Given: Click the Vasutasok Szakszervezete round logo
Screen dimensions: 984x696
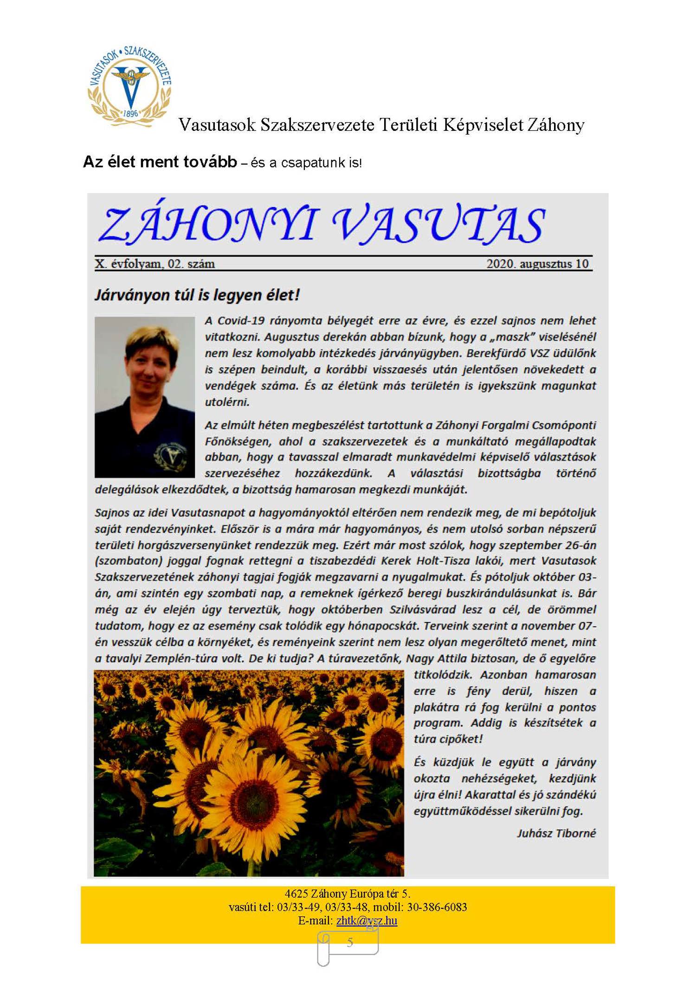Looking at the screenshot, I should coord(130,86).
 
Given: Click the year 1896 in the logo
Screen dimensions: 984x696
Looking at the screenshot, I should coord(131,113).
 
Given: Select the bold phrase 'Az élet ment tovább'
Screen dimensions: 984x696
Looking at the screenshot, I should coord(160,162).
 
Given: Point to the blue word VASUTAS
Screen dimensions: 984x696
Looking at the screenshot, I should coord(438,225).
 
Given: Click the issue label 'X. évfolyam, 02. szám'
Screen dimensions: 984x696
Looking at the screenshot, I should coord(155,264).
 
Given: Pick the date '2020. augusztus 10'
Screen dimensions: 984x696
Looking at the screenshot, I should coord(537,264).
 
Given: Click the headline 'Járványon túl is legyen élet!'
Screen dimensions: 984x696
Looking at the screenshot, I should coord(197,295).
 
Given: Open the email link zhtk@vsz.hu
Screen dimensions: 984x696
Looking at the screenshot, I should coord(367,920).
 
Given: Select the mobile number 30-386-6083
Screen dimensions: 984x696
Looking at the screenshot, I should coord(437,907).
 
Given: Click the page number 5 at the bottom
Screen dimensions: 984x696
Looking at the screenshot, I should coord(350,942).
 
